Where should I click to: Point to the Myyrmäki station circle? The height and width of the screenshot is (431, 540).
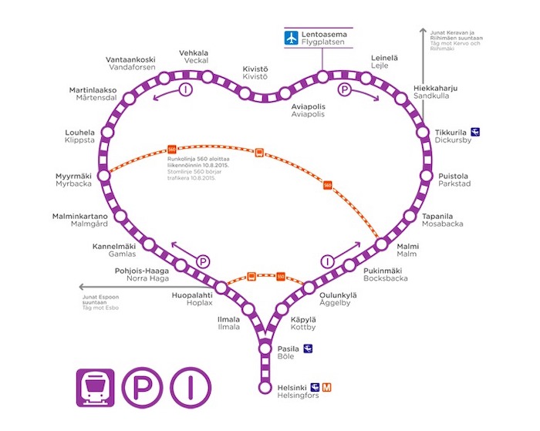click(105, 177)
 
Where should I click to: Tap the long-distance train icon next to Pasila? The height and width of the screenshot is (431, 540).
click(308, 349)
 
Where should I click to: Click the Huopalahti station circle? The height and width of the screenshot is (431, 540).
click(221, 288)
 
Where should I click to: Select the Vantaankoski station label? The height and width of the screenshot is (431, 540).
click(130, 63)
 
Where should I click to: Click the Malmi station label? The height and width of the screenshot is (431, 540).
click(407, 250)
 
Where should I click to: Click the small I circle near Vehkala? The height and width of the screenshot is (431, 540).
click(184, 90)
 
